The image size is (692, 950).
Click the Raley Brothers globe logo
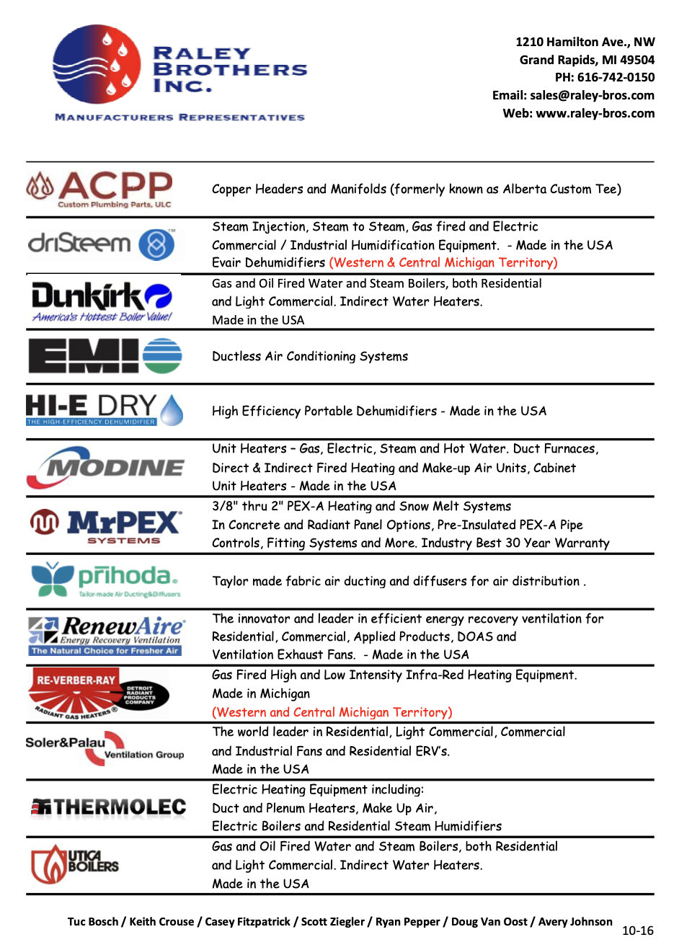(x=97, y=64)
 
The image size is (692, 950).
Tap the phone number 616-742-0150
(x=616, y=77)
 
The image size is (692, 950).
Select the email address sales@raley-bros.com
(x=592, y=95)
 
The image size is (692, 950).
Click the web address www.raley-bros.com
(x=595, y=113)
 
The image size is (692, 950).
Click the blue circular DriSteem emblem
(x=156, y=244)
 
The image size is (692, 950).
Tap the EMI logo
(x=105, y=356)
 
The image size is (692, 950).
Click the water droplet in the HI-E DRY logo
(x=172, y=410)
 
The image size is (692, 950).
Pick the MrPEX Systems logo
(x=105, y=525)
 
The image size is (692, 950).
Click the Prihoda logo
(x=105, y=580)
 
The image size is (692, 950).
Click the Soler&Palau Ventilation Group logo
(x=105, y=749)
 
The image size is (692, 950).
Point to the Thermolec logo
(x=109, y=807)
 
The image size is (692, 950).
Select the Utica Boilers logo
(x=74, y=864)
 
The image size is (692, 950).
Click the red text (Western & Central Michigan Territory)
(x=443, y=263)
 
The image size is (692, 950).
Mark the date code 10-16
(x=637, y=931)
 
